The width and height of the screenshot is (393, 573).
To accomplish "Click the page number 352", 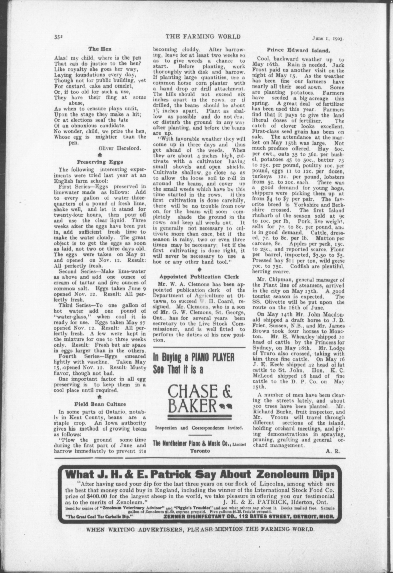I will click(x=58, y=37).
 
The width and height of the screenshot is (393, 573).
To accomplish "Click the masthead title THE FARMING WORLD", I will click(x=203, y=37).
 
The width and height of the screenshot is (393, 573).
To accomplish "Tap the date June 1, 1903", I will click(x=328, y=39).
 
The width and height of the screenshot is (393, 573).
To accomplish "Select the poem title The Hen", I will click(x=100, y=49).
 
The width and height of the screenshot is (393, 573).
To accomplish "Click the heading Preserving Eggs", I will click(x=100, y=162).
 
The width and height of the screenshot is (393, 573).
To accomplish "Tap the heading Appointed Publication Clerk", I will click(x=199, y=277).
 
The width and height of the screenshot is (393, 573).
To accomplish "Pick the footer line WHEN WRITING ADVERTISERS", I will click(x=200, y=529).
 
